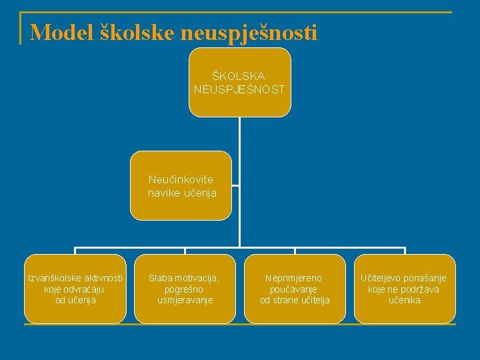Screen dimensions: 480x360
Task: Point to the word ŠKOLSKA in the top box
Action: [x=238, y=76]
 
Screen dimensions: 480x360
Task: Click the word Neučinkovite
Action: [x=181, y=180]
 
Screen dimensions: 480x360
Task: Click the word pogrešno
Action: [x=184, y=289]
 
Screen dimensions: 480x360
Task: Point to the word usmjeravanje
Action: [x=184, y=300]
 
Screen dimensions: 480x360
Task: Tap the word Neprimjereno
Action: [x=294, y=278]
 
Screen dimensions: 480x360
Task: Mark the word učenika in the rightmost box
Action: [x=404, y=300]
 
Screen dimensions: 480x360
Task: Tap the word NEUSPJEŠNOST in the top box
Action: [x=239, y=89]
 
